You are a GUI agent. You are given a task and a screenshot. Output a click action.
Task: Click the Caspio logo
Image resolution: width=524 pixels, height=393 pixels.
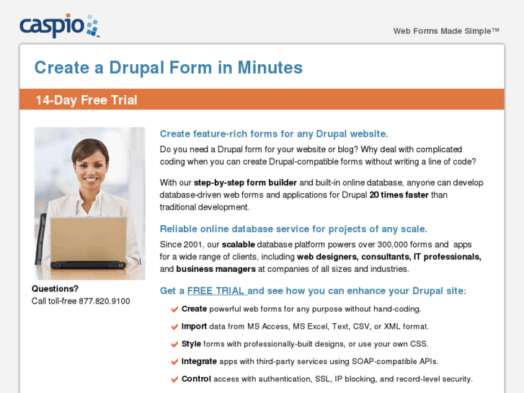[x=60, y=26]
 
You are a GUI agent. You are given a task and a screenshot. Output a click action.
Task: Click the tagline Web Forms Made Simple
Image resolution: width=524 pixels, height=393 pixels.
[x=446, y=31]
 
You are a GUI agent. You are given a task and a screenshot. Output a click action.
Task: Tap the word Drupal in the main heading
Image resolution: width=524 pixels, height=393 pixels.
[x=137, y=68]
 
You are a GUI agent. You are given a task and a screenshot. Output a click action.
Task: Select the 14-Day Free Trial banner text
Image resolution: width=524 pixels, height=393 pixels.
[x=86, y=100]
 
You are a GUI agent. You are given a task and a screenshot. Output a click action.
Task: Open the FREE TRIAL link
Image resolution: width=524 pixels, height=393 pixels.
[x=217, y=291]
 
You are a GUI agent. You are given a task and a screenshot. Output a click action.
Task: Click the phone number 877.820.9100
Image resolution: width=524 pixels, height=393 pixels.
[x=105, y=301]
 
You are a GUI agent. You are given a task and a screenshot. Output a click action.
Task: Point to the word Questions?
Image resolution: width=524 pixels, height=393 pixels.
[x=55, y=288]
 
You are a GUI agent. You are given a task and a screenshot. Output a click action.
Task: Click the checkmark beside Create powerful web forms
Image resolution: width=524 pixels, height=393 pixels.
[x=174, y=309]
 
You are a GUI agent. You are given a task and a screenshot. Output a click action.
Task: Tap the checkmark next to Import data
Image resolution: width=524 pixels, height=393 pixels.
[x=174, y=327]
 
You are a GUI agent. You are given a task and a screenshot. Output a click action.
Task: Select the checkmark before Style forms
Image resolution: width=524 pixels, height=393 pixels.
[x=174, y=344]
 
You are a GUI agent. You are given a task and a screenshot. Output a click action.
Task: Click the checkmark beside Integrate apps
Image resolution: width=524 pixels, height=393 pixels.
[x=174, y=361]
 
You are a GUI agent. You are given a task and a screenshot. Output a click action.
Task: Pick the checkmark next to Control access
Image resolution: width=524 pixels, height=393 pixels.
[x=174, y=379]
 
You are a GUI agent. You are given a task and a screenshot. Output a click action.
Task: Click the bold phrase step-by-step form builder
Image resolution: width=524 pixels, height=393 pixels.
[x=245, y=182]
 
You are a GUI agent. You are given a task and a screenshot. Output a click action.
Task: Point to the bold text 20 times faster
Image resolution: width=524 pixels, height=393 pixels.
[x=399, y=195]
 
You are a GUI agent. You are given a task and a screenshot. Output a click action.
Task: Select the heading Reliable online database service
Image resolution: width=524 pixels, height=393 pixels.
[x=293, y=229]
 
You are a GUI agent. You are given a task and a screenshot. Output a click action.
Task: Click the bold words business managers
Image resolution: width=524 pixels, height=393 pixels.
[x=216, y=269]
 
